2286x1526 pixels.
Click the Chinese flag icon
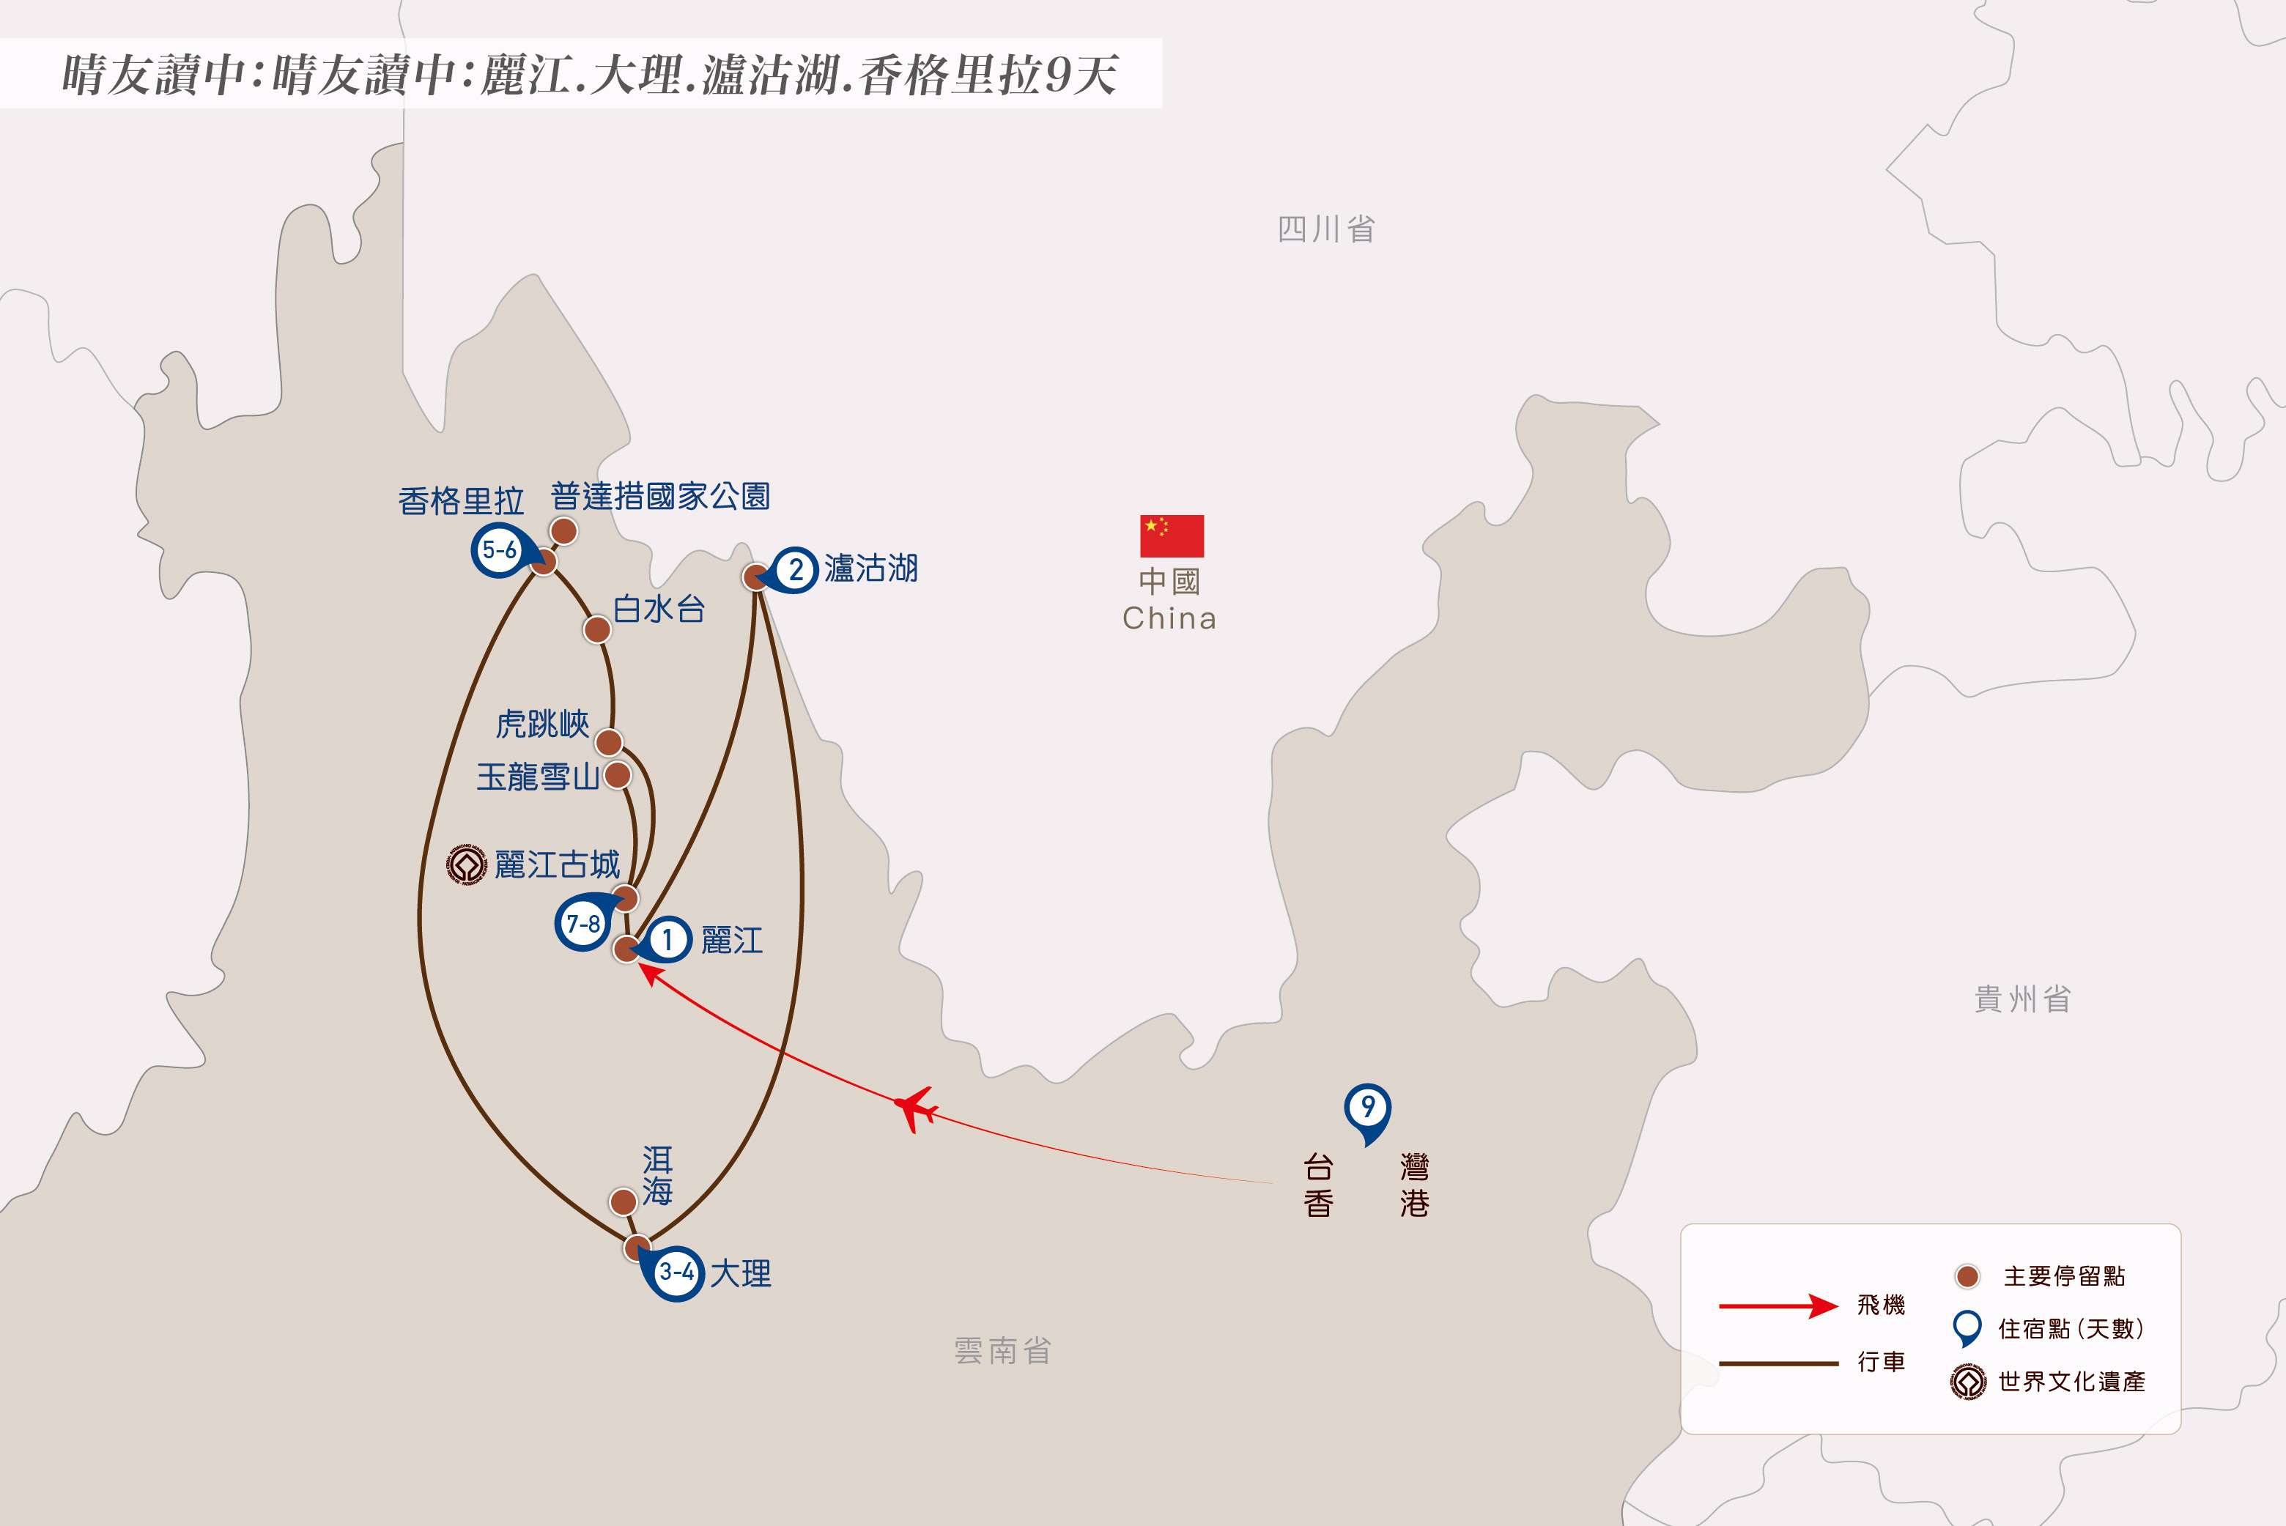1172,536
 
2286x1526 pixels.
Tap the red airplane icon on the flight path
915,1108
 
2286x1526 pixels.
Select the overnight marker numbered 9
1367,1108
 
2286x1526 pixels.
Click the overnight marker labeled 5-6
499,550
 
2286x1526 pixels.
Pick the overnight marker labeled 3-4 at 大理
676,1272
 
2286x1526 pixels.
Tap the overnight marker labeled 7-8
583,922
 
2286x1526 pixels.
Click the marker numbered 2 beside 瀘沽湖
795,569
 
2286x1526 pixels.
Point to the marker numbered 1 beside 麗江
667,939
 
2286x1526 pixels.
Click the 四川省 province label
1325,230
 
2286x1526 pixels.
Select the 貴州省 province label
2022,999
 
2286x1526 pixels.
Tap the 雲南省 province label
1002,1351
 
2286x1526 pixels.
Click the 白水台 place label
659,610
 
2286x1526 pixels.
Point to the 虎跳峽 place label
542,724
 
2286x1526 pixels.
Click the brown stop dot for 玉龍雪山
617,776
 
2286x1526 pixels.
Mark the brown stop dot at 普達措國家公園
563,531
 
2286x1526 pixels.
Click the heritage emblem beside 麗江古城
466,864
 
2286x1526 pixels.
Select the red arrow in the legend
1778,1306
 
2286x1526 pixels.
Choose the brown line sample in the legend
1778,1363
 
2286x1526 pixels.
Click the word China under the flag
1170,619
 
